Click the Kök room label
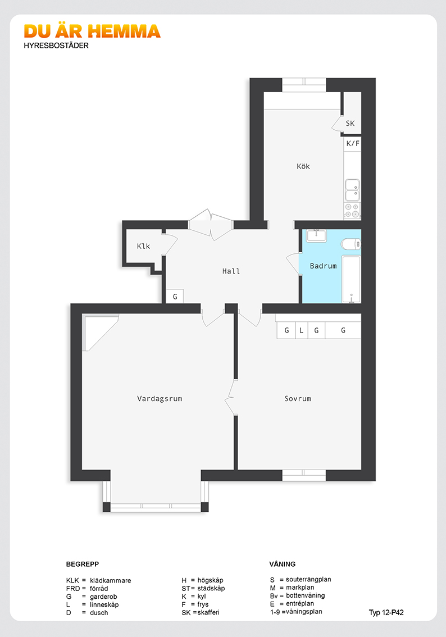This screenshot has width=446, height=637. [x=303, y=166]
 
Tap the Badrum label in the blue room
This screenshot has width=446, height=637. [x=323, y=266]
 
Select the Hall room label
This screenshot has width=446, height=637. [x=231, y=271]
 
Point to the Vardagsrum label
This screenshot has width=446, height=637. [x=160, y=399]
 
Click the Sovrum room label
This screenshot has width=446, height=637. [x=298, y=399]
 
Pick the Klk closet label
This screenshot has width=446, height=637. [x=143, y=246]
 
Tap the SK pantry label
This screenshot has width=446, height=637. [x=350, y=124]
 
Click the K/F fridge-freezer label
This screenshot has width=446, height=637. [x=353, y=143]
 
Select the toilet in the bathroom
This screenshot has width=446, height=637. [x=351, y=244]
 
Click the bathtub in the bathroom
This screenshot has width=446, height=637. [x=351, y=280]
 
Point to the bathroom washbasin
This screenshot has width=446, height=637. [x=316, y=235]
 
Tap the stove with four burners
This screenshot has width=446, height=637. [x=352, y=211]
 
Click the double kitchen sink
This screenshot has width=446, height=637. [x=352, y=190]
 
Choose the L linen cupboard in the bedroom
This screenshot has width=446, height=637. [x=301, y=330]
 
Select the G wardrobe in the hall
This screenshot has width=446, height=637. [x=175, y=296]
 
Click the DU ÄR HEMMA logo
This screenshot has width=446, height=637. [x=92, y=31]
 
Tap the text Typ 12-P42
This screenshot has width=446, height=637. [x=386, y=613]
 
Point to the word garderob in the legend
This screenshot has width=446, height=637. [x=103, y=597]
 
